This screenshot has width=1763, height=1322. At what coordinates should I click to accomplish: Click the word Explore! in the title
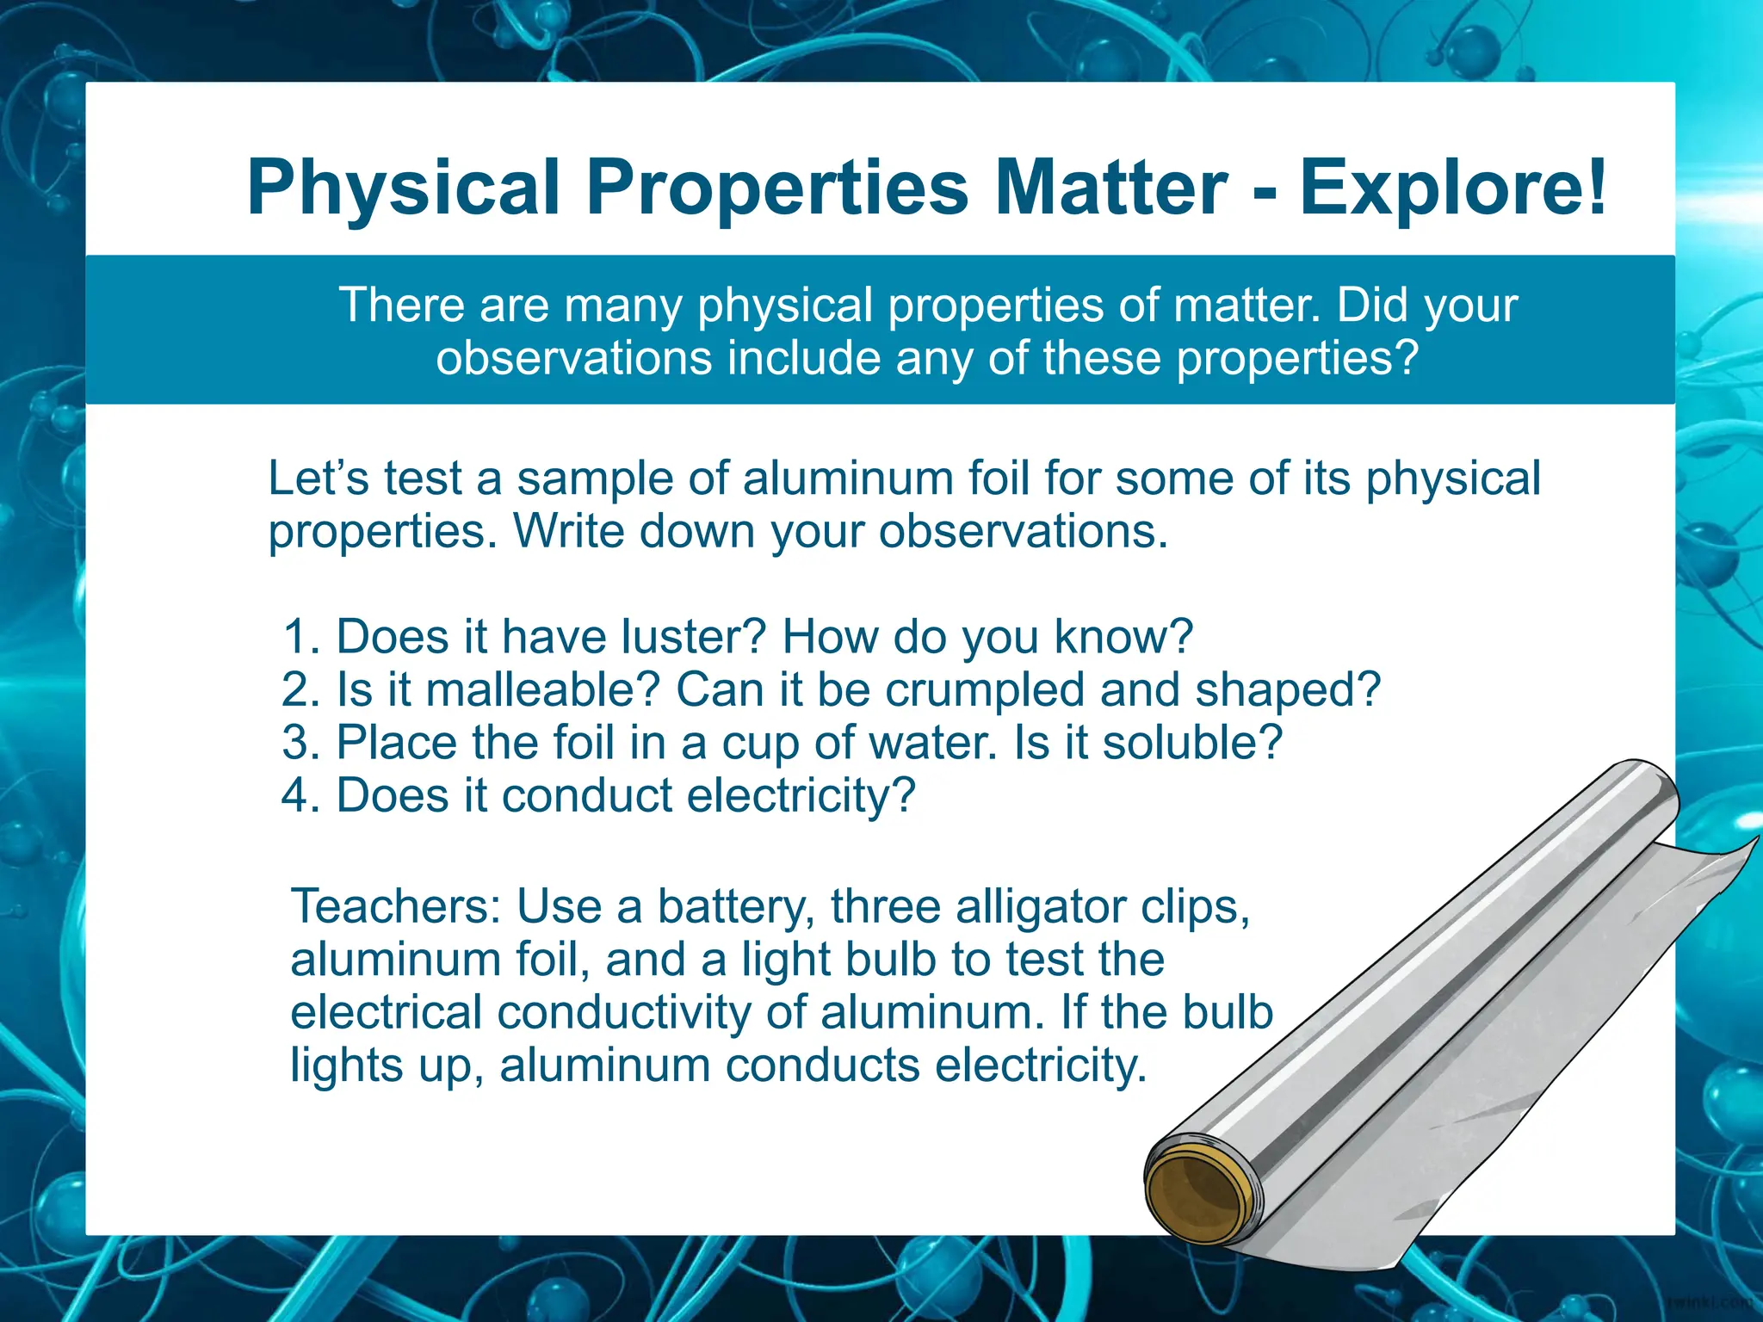point(1452,187)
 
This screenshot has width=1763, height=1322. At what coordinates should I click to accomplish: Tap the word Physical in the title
point(403,187)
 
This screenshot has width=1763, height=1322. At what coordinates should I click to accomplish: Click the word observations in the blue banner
point(574,358)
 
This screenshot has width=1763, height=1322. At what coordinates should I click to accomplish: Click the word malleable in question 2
point(542,689)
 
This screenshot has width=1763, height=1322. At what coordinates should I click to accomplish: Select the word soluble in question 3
point(1192,742)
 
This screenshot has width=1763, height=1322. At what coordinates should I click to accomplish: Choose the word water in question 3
point(933,742)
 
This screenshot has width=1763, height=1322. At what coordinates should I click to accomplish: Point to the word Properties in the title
point(777,187)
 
